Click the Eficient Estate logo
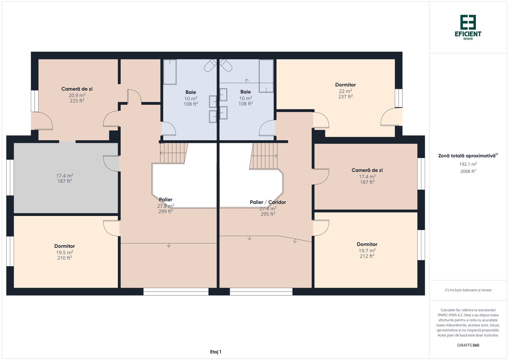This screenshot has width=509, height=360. [468, 27]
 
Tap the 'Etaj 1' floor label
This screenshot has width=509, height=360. [216, 352]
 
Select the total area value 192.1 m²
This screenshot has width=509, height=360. [468, 164]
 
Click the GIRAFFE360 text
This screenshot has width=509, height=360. [468, 345]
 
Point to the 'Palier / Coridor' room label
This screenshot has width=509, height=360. [268, 202]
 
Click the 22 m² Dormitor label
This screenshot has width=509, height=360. [345, 85]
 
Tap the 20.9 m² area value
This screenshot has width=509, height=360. [77, 95]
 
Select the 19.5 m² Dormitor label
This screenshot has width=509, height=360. [65, 246]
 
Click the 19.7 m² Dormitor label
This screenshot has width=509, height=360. [367, 244]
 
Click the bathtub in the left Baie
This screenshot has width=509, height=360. [170, 72]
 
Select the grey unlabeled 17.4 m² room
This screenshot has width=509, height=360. [65, 178]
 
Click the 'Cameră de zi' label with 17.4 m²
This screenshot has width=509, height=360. [367, 170]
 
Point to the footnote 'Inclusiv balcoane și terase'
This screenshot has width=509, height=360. [468, 290]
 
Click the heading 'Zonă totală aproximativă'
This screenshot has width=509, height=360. [467, 156]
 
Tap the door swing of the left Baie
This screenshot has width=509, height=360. [169, 129]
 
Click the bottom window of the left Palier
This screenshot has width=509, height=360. [176, 292]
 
